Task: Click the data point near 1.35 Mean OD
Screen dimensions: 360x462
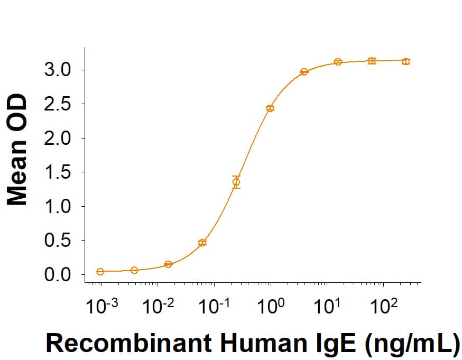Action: pyautogui.click(x=236, y=182)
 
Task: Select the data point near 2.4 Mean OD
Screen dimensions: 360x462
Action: pyautogui.click(x=270, y=108)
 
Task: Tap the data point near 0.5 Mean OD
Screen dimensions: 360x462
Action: pyautogui.click(x=202, y=243)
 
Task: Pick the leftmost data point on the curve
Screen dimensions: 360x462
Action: pyautogui.click(x=100, y=272)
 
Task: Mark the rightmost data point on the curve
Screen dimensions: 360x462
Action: pyautogui.click(x=405, y=61)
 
